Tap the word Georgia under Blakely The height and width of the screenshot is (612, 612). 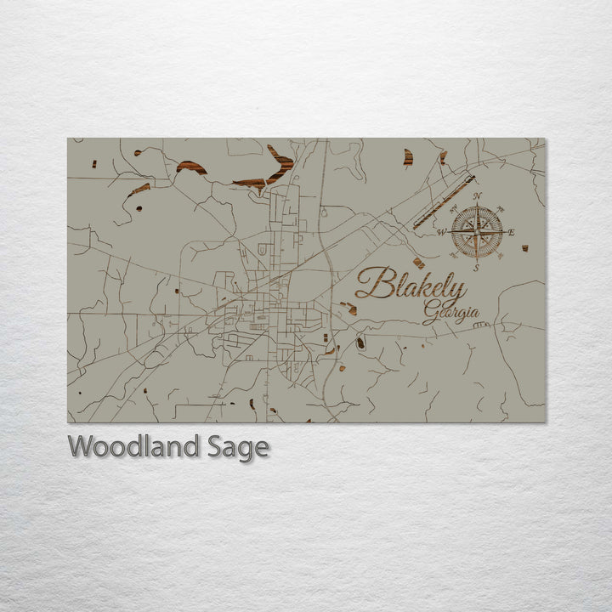(x=450, y=314)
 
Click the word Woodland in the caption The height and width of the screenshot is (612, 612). (x=134, y=446)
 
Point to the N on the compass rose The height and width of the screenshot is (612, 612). (x=477, y=197)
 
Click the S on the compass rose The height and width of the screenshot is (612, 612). (x=476, y=267)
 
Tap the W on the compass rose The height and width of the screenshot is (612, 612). (x=441, y=232)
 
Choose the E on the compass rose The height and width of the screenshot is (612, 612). (x=511, y=231)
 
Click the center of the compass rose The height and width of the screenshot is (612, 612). (x=476, y=231)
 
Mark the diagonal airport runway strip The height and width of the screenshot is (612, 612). (x=443, y=202)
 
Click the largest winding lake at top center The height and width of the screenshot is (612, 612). (x=270, y=171)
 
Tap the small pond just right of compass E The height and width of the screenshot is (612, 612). (x=524, y=248)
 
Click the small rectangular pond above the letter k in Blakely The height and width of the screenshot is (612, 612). (x=418, y=263)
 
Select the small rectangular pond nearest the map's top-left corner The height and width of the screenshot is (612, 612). (x=95, y=162)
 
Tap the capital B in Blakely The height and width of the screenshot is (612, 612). (x=371, y=283)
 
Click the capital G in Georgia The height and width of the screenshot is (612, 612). (x=430, y=314)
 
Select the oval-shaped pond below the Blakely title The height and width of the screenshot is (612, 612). (x=360, y=343)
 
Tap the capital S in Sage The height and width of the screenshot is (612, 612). (x=216, y=446)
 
